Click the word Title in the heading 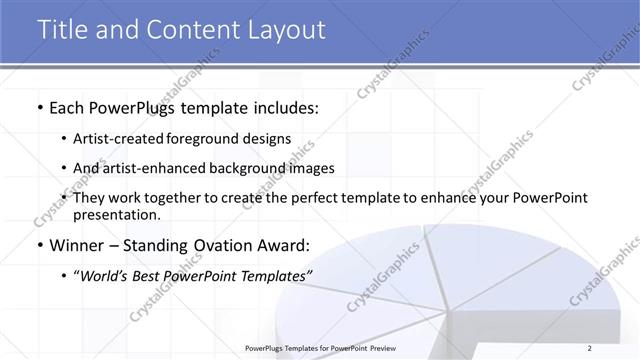(x=65, y=30)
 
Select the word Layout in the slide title (x=285, y=30)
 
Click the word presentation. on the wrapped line (x=117, y=214)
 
